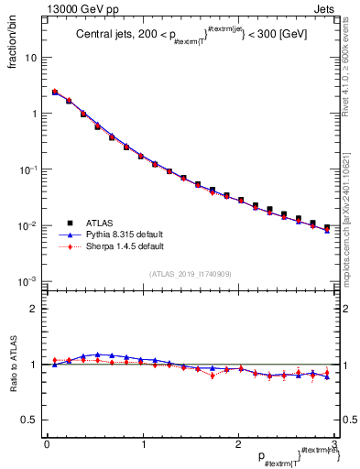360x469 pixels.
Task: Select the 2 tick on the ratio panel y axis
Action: point(34,309)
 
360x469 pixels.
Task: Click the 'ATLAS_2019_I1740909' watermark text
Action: point(190,275)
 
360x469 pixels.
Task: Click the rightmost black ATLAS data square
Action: point(327,227)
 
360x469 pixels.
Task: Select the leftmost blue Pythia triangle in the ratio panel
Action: point(54,365)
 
